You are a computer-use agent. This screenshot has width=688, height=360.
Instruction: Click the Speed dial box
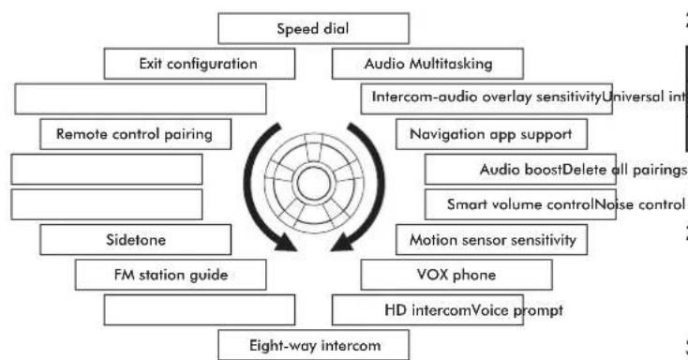tap(314, 28)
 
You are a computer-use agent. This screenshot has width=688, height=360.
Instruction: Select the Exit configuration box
tap(200, 64)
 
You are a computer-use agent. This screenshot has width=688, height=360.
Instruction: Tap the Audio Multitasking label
tap(428, 64)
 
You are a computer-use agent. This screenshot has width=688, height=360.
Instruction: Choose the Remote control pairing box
tap(136, 134)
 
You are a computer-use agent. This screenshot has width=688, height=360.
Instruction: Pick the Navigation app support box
tap(491, 134)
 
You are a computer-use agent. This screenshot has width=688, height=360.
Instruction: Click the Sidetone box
tap(136, 240)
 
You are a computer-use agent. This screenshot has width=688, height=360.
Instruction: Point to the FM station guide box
tap(171, 275)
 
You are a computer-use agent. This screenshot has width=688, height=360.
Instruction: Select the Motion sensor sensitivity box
tap(491, 240)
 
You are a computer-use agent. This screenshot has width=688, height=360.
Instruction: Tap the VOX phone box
tap(456, 275)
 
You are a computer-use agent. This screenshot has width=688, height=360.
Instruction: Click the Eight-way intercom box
tap(314, 345)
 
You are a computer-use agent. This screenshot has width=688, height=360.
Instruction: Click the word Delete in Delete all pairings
tap(585, 170)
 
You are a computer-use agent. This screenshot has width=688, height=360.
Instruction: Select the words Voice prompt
tap(516, 310)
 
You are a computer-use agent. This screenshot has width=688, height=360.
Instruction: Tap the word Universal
tap(633, 97)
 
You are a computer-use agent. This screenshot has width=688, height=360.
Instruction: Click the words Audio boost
tap(521, 170)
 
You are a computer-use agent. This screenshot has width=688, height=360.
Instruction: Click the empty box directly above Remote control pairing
tap(141, 98)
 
